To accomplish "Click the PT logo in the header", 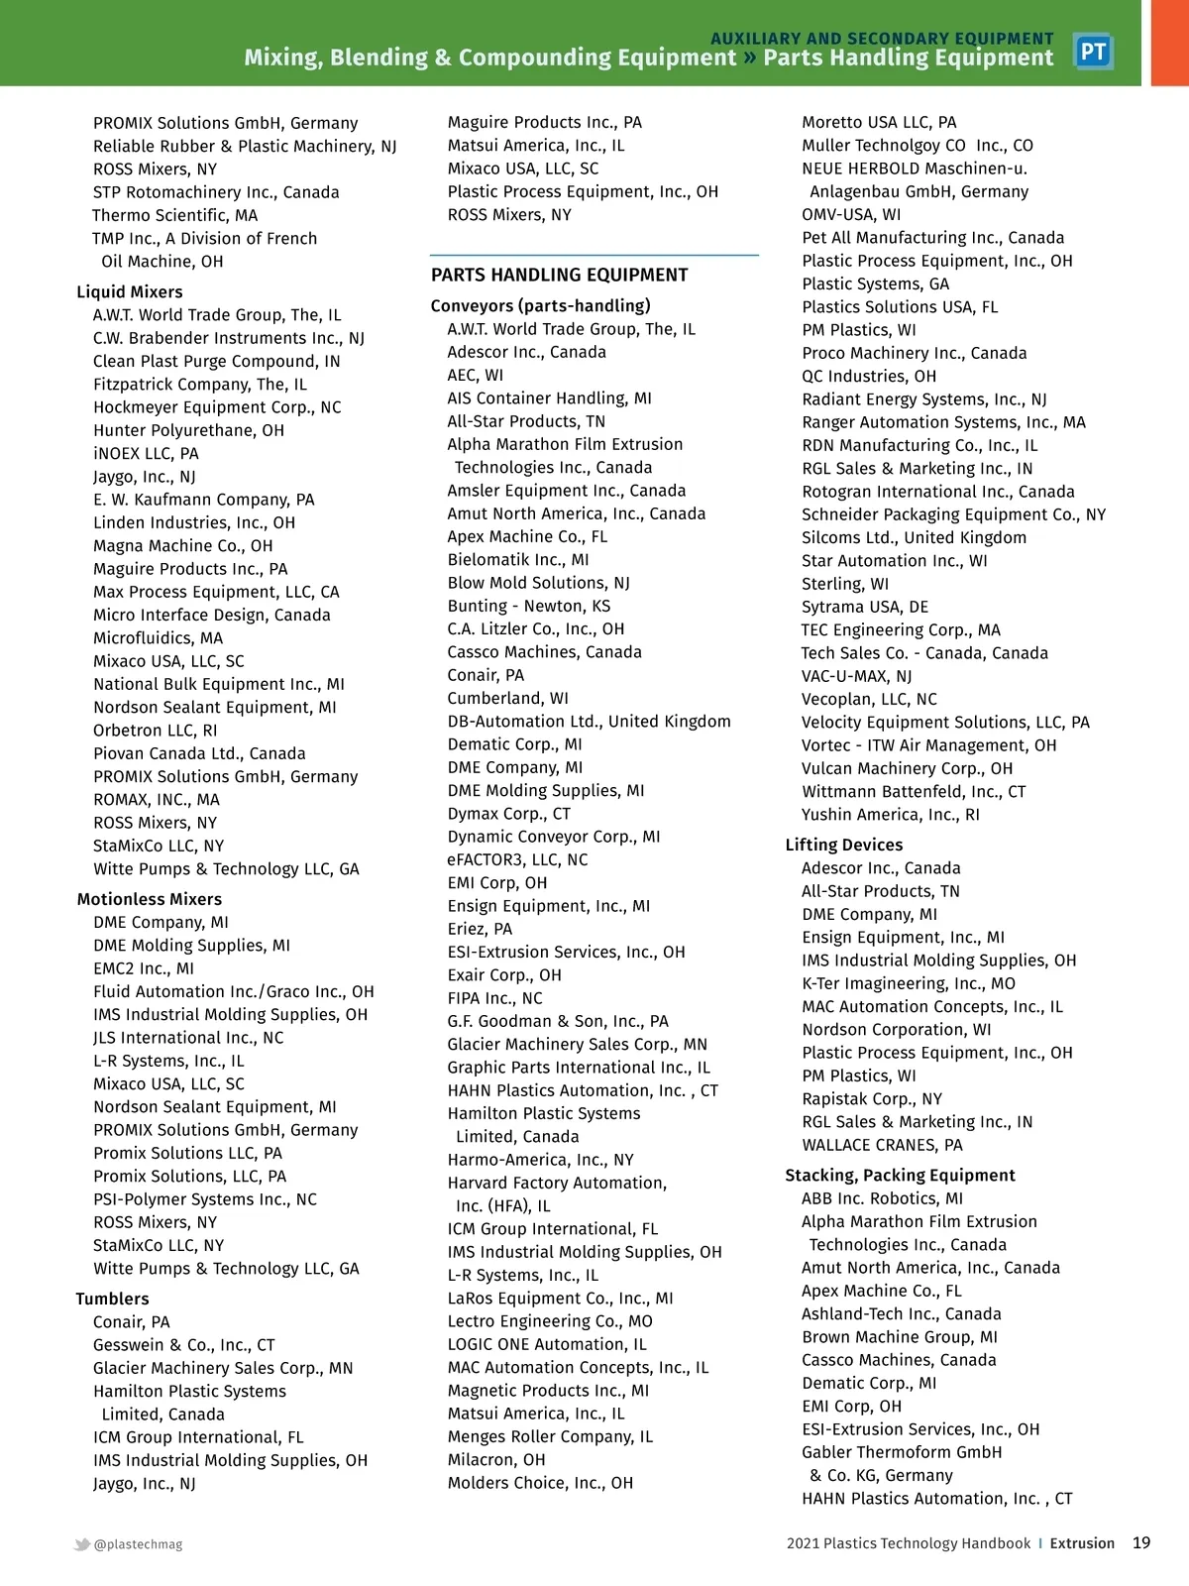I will pos(1093,52).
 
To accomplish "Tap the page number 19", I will pos(1141,1542).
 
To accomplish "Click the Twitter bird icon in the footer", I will pos(82,1544).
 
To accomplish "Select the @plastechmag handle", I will pos(138,1544).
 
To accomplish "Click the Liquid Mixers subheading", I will pos(130,291).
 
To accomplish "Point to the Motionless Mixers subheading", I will pos(150,899).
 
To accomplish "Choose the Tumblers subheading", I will pos(112,1299).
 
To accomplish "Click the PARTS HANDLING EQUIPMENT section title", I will pos(559,275).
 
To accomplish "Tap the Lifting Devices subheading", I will pos(843,845).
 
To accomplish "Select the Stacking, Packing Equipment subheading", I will pos(900,1175).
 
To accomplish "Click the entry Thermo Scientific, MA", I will pos(174,215).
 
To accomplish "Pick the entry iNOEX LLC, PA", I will pos(146,453).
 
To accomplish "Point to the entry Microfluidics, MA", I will pos(158,638).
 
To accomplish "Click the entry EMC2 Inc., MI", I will pos(144,968).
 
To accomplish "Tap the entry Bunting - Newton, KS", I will pos(528,606).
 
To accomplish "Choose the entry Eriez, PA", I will pos(480,929).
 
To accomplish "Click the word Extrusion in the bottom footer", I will pos(1082,1543).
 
